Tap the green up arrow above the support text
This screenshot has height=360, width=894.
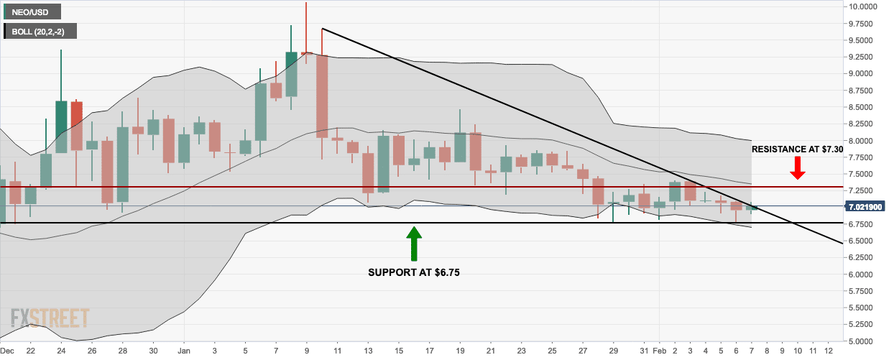[x=414, y=244]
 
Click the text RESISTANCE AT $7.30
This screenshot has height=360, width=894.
[x=797, y=149]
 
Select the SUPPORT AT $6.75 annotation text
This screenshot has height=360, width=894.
[x=414, y=272]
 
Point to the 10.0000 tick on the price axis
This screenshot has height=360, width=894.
[x=862, y=6]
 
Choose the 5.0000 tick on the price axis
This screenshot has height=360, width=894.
[x=862, y=341]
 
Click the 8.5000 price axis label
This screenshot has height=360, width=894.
[x=862, y=107]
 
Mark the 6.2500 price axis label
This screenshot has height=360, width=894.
[x=862, y=258]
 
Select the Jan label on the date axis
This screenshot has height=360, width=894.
[x=183, y=351]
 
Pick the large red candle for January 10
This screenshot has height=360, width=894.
[x=322, y=96]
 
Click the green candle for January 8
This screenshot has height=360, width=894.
[x=291, y=74]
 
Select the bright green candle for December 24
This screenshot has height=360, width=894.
[x=61, y=126]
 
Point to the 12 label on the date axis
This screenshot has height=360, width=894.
[x=829, y=351]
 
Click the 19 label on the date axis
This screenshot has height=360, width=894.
[x=459, y=351]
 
